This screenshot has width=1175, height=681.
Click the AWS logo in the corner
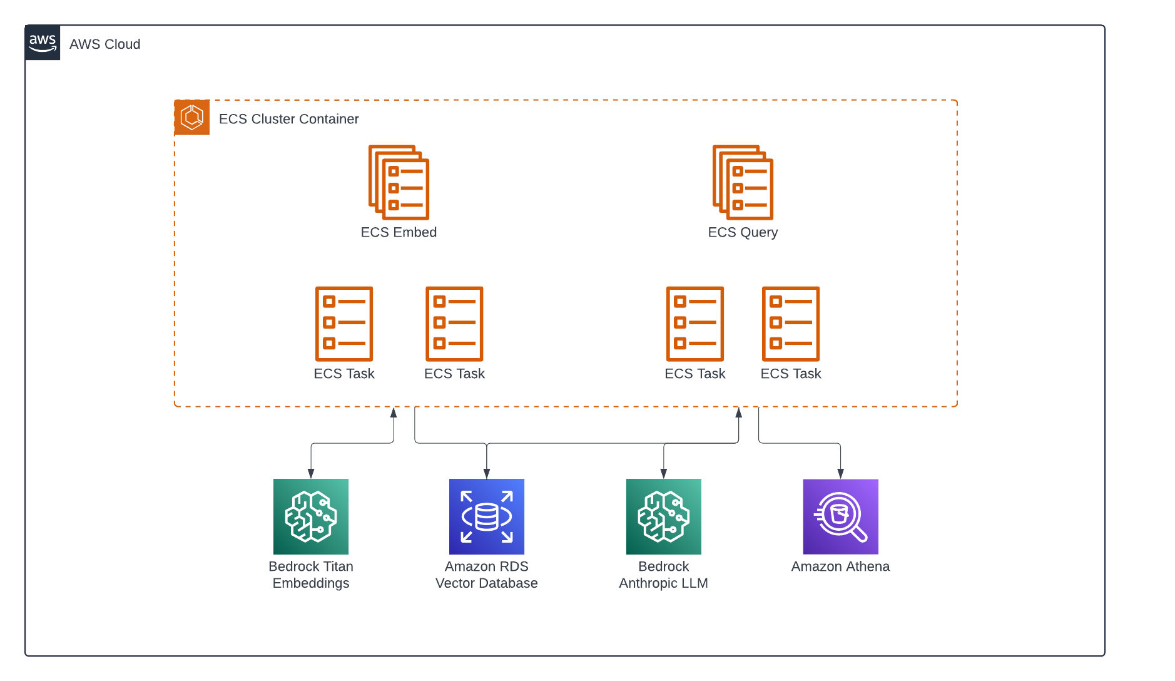(43, 43)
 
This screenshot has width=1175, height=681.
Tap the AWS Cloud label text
(104, 44)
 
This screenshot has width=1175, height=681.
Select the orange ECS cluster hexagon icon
(192, 117)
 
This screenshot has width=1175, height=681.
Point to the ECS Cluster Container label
(288, 119)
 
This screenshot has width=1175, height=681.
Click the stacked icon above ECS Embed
(399, 182)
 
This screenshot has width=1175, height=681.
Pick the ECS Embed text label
(399, 232)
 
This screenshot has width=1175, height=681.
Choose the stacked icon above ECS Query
(743, 182)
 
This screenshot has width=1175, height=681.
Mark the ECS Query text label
(743, 232)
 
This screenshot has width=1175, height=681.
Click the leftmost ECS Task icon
(344, 324)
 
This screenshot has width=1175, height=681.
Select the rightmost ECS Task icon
(791, 324)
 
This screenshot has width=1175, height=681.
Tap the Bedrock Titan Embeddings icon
(311, 516)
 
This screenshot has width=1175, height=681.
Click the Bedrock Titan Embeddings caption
(311, 575)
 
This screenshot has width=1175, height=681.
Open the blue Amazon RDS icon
(487, 516)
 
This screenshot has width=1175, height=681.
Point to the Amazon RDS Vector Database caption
(487, 575)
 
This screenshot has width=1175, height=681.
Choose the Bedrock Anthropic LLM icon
(664, 516)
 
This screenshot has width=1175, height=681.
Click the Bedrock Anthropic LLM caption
(664, 575)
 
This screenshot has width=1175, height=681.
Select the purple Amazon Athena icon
(840, 516)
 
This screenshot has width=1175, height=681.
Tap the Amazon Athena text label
(840, 566)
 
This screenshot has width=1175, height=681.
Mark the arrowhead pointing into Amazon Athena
(840, 474)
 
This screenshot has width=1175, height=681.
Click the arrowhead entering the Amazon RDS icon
(487, 474)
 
